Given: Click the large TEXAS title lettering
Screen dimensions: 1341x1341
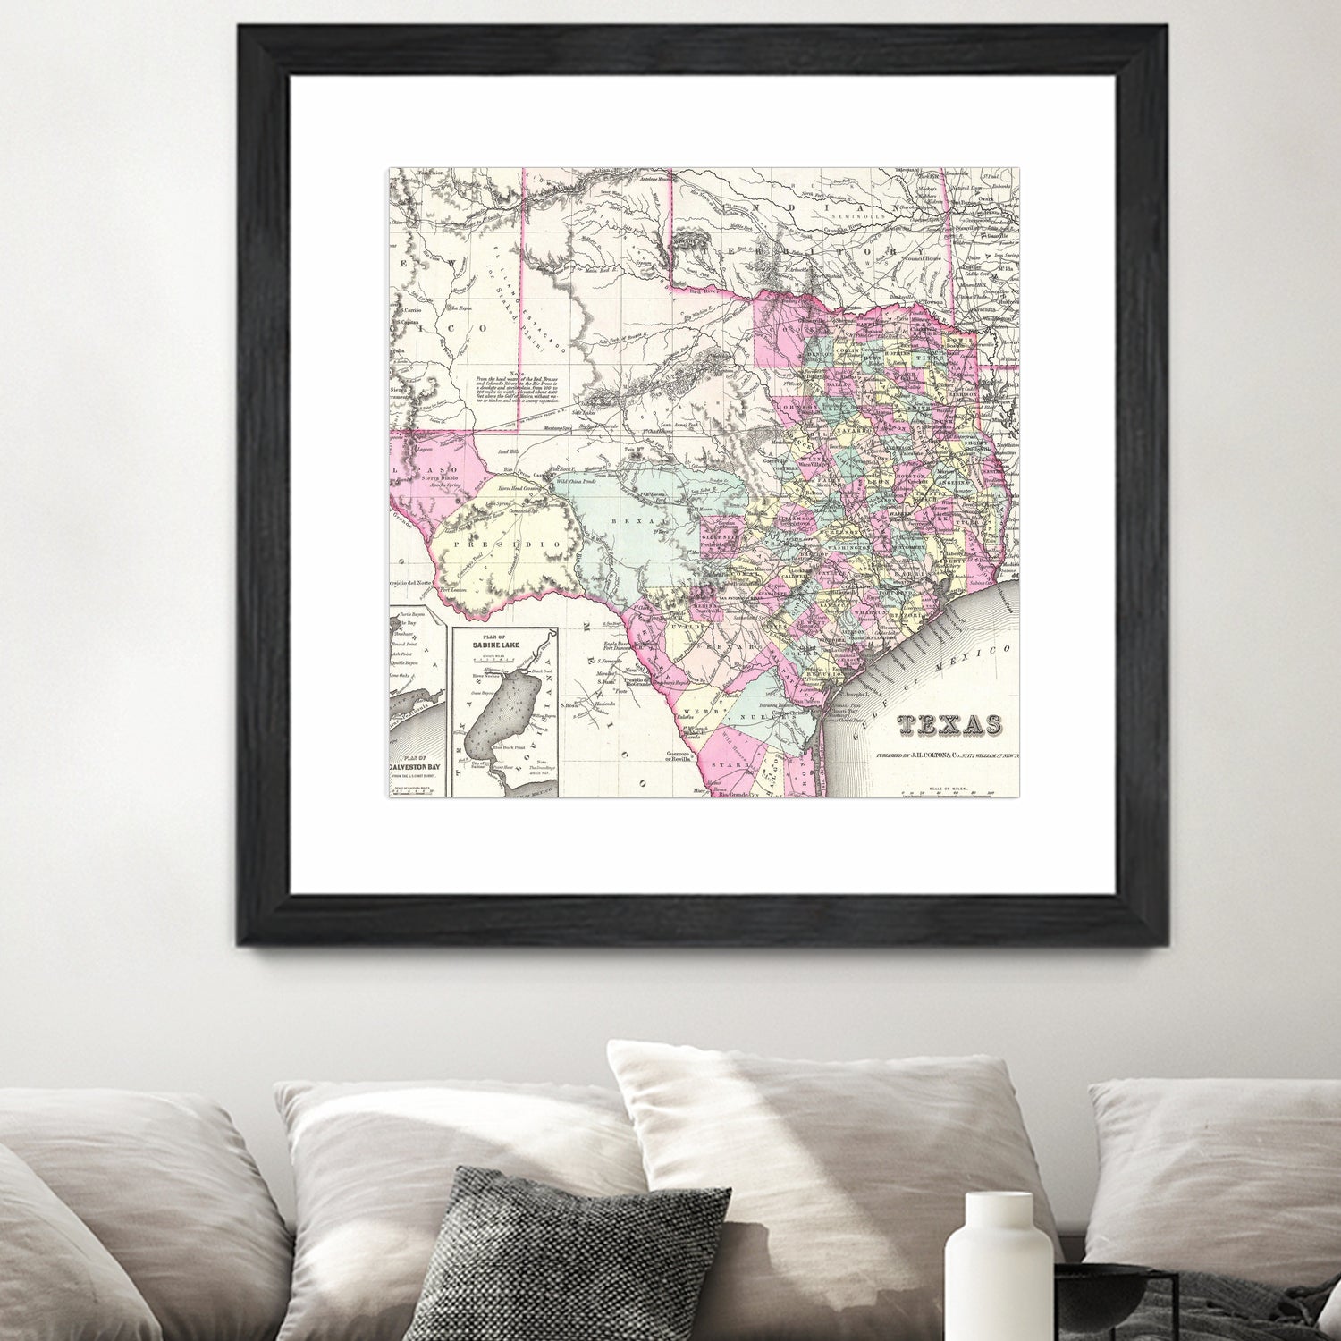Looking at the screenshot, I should (x=949, y=725).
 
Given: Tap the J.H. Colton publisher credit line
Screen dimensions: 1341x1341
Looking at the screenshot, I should (x=948, y=755).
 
